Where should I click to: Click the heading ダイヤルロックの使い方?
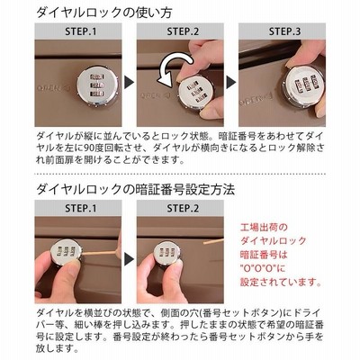[x=104, y=13]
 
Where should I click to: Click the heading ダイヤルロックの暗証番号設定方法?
[x=135, y=190]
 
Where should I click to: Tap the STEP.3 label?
[x=284, y=31]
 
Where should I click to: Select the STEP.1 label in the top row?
[x=81, y=31]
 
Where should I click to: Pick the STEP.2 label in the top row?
[x=183, y=31]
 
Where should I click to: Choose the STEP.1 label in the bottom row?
[x=81, y=209]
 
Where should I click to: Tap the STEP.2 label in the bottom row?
[x=183, y=209]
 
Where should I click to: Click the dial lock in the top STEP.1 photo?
[x=98, y=87]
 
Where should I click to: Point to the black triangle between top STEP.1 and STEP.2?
[x=130, y=83]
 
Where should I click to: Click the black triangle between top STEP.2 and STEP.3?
[x=231, y=83]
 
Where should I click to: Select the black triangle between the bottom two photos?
[x=130, y=259]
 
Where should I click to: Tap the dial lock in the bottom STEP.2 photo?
[x=166, y=255]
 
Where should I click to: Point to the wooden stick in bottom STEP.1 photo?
[x=99, y=254]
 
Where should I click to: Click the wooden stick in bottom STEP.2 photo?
[x=213, y=241]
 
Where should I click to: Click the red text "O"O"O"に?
[x=263, y=268]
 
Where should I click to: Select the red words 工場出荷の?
[x=264, y=228]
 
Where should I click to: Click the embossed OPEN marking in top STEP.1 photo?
[x=53, y=88]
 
